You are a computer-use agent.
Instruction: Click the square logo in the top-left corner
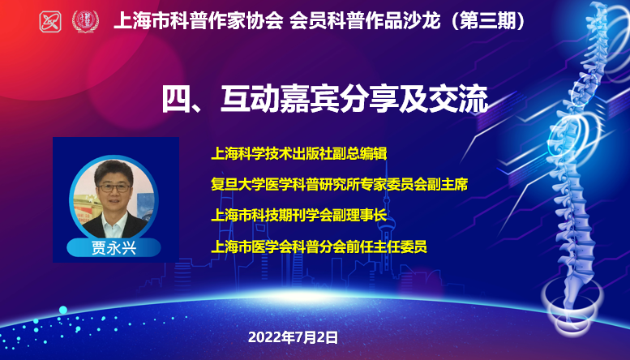(x=50, y=21)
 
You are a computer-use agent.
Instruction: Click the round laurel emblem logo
(x=85, y=21)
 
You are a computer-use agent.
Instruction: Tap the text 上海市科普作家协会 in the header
(x=199, y=21)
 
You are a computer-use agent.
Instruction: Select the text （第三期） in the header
(x=487, y=21)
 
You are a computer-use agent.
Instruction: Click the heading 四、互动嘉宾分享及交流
(x=325, y=98)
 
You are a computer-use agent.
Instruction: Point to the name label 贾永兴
(x=114, y=248)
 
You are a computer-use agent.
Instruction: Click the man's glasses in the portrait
(x=114, y=187)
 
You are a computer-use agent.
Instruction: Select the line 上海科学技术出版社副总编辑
(x=299, y=153)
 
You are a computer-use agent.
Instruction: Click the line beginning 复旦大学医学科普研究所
(x=340, y=184)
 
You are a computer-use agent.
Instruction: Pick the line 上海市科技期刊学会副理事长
(x=299, y=216)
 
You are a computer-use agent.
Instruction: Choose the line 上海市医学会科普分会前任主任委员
(x=319, y=246)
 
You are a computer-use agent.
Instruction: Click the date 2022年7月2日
(x=294, y=337)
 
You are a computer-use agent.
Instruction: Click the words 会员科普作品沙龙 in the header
(x=365, y=21)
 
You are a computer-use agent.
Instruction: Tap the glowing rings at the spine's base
(x=572, y=310)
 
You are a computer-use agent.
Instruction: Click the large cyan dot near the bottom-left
(x=63, y=310)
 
